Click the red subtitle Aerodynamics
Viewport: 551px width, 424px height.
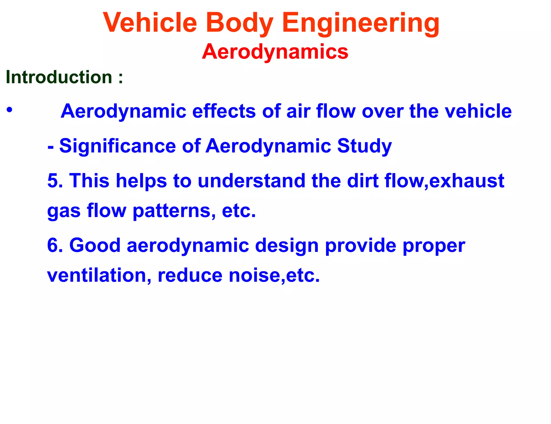click(x=275, y=51)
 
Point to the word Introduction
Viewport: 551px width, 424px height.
click(x=59, y=77)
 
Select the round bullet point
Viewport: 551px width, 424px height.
click(x=10, y=110)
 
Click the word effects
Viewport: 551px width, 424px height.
click(x=224, y=111)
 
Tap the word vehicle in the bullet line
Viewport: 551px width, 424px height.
click(x=478, y=111)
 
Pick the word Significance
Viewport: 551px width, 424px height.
click(x=118, y=146)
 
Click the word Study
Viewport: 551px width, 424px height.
click(x=364, y=146)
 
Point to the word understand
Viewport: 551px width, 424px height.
click(x=252, y=181)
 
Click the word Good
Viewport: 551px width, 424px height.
click(x=95, y=245)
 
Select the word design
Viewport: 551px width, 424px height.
click(x=287, y=246)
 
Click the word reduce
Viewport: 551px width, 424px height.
click(x=190, y=275)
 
